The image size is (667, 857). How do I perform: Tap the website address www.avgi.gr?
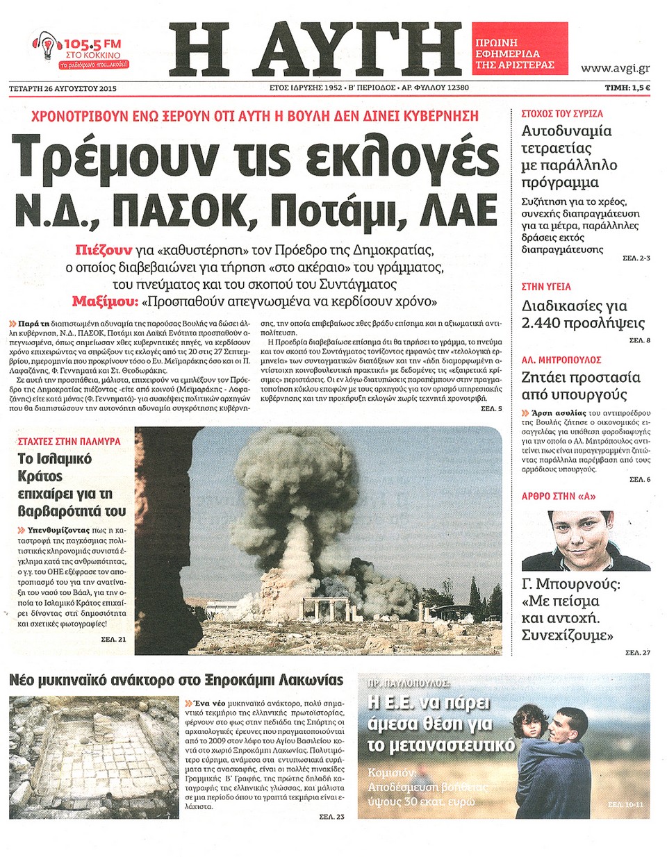(615, 68)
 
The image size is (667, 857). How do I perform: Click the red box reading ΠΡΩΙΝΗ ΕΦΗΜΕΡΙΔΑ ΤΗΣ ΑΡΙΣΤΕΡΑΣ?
(519, 53)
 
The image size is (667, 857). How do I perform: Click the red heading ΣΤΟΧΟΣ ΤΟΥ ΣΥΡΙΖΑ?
(562, 113)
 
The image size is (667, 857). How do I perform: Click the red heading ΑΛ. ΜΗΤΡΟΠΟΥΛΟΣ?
(561, 360)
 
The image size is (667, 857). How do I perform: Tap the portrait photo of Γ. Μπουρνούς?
(586, 540)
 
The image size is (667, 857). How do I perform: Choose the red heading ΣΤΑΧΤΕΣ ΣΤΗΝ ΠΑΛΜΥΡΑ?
(69, 441)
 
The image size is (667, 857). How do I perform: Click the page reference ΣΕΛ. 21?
(113, 639)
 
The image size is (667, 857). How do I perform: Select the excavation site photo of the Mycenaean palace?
(94, 757)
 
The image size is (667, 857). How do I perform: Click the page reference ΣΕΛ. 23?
(331, 817)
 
